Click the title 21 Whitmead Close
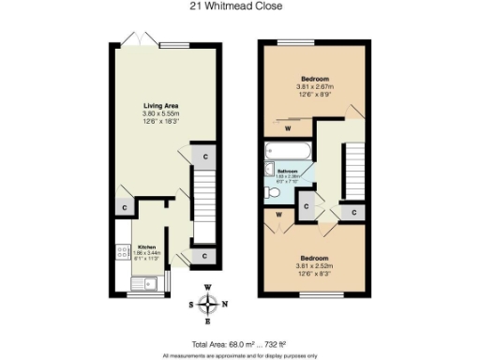tap(239, 7)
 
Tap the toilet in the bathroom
tap(273, 191)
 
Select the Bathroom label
tap(287, 172)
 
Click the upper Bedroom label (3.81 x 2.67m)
tap(314, 78)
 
